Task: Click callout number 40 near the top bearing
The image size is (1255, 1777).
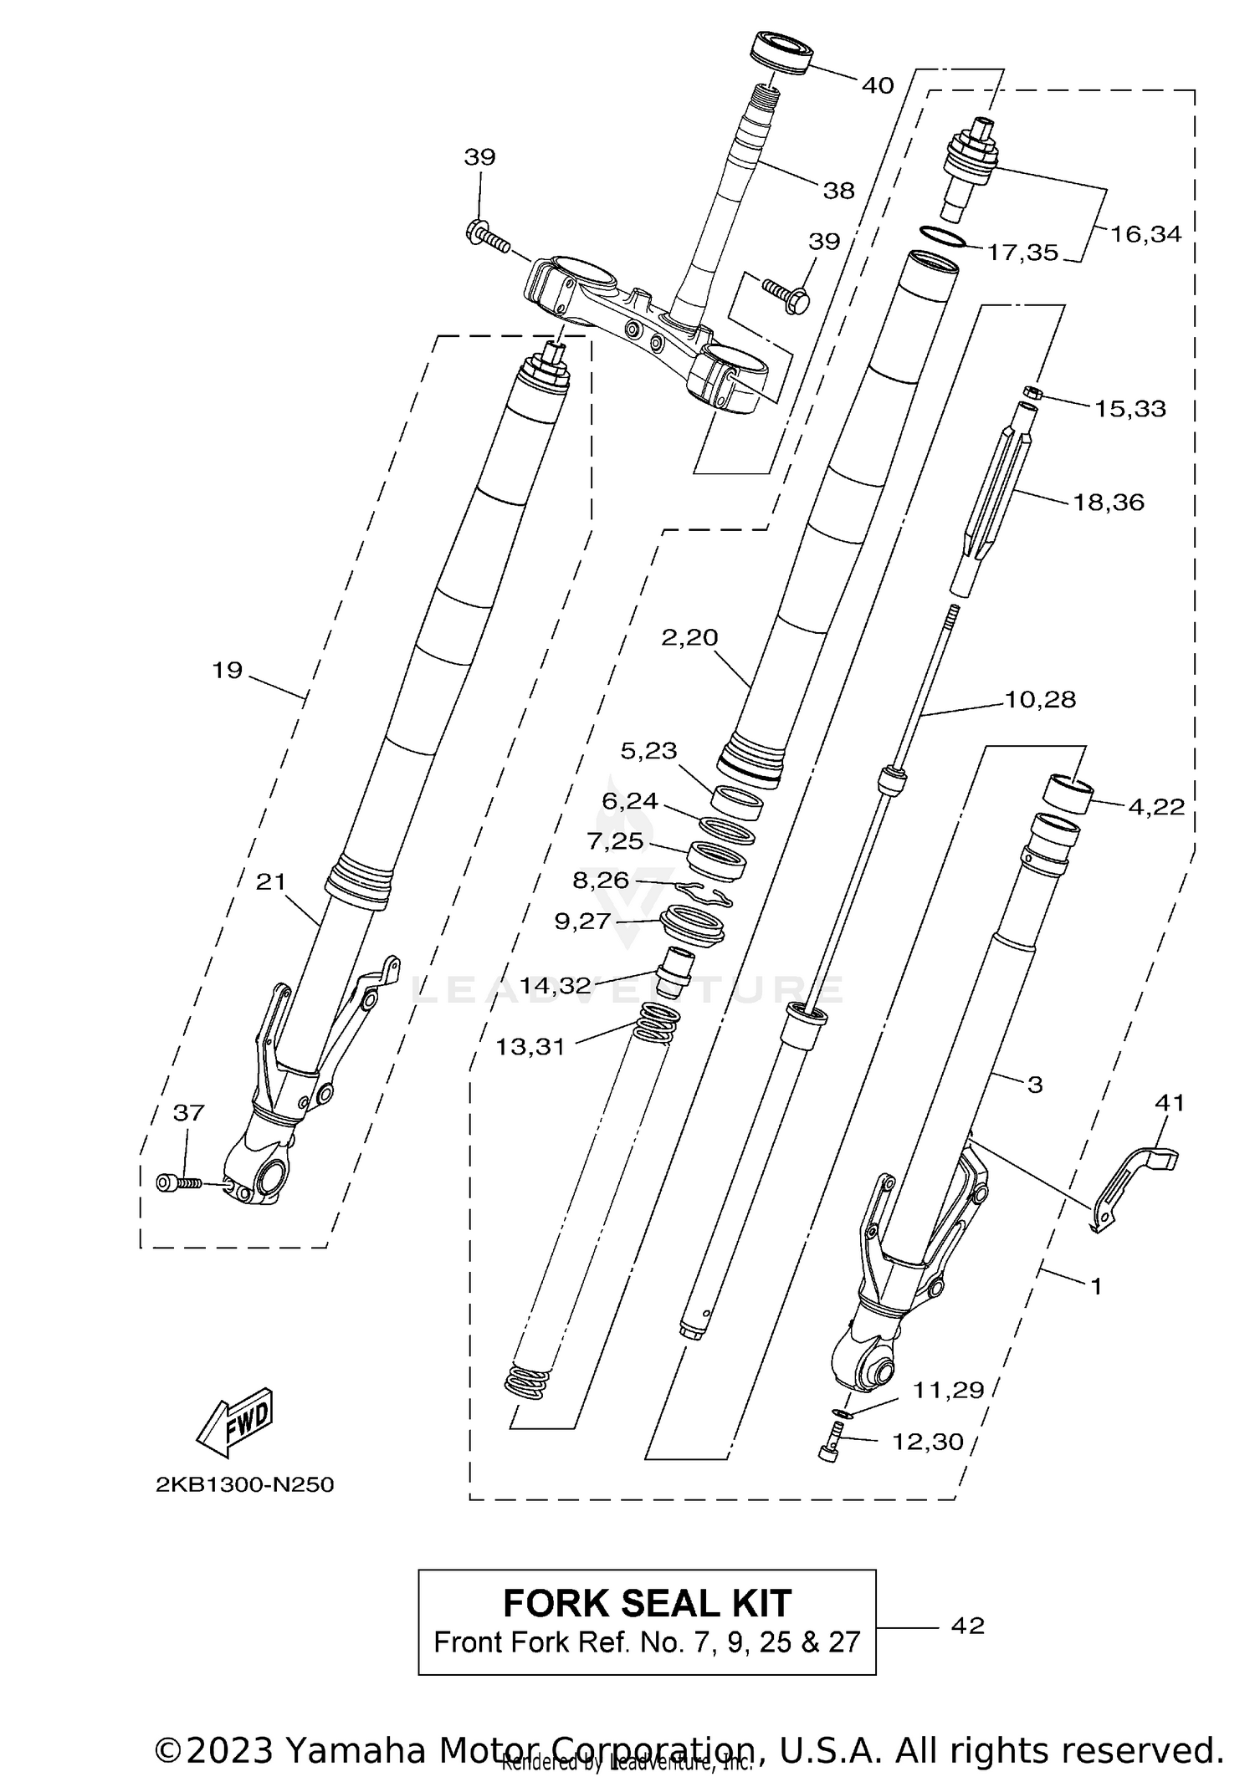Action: click(x=877, y=85)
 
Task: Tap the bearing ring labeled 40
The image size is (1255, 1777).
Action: click(x=781, y=54)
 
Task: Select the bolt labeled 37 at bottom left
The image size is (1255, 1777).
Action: click(x=177, y=1182)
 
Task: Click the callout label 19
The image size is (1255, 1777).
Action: click(x=227, y=670)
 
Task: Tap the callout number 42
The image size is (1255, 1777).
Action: click(x=968, y=1626)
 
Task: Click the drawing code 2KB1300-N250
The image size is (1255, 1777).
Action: click(x=244, y=1485)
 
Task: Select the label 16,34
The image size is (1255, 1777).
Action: click(x=1145, y=234)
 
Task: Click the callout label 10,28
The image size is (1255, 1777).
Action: click(x=1040, y=699)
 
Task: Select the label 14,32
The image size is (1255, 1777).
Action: click(x=555, y=986)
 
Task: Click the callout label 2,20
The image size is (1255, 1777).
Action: click(x=689, y=637)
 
